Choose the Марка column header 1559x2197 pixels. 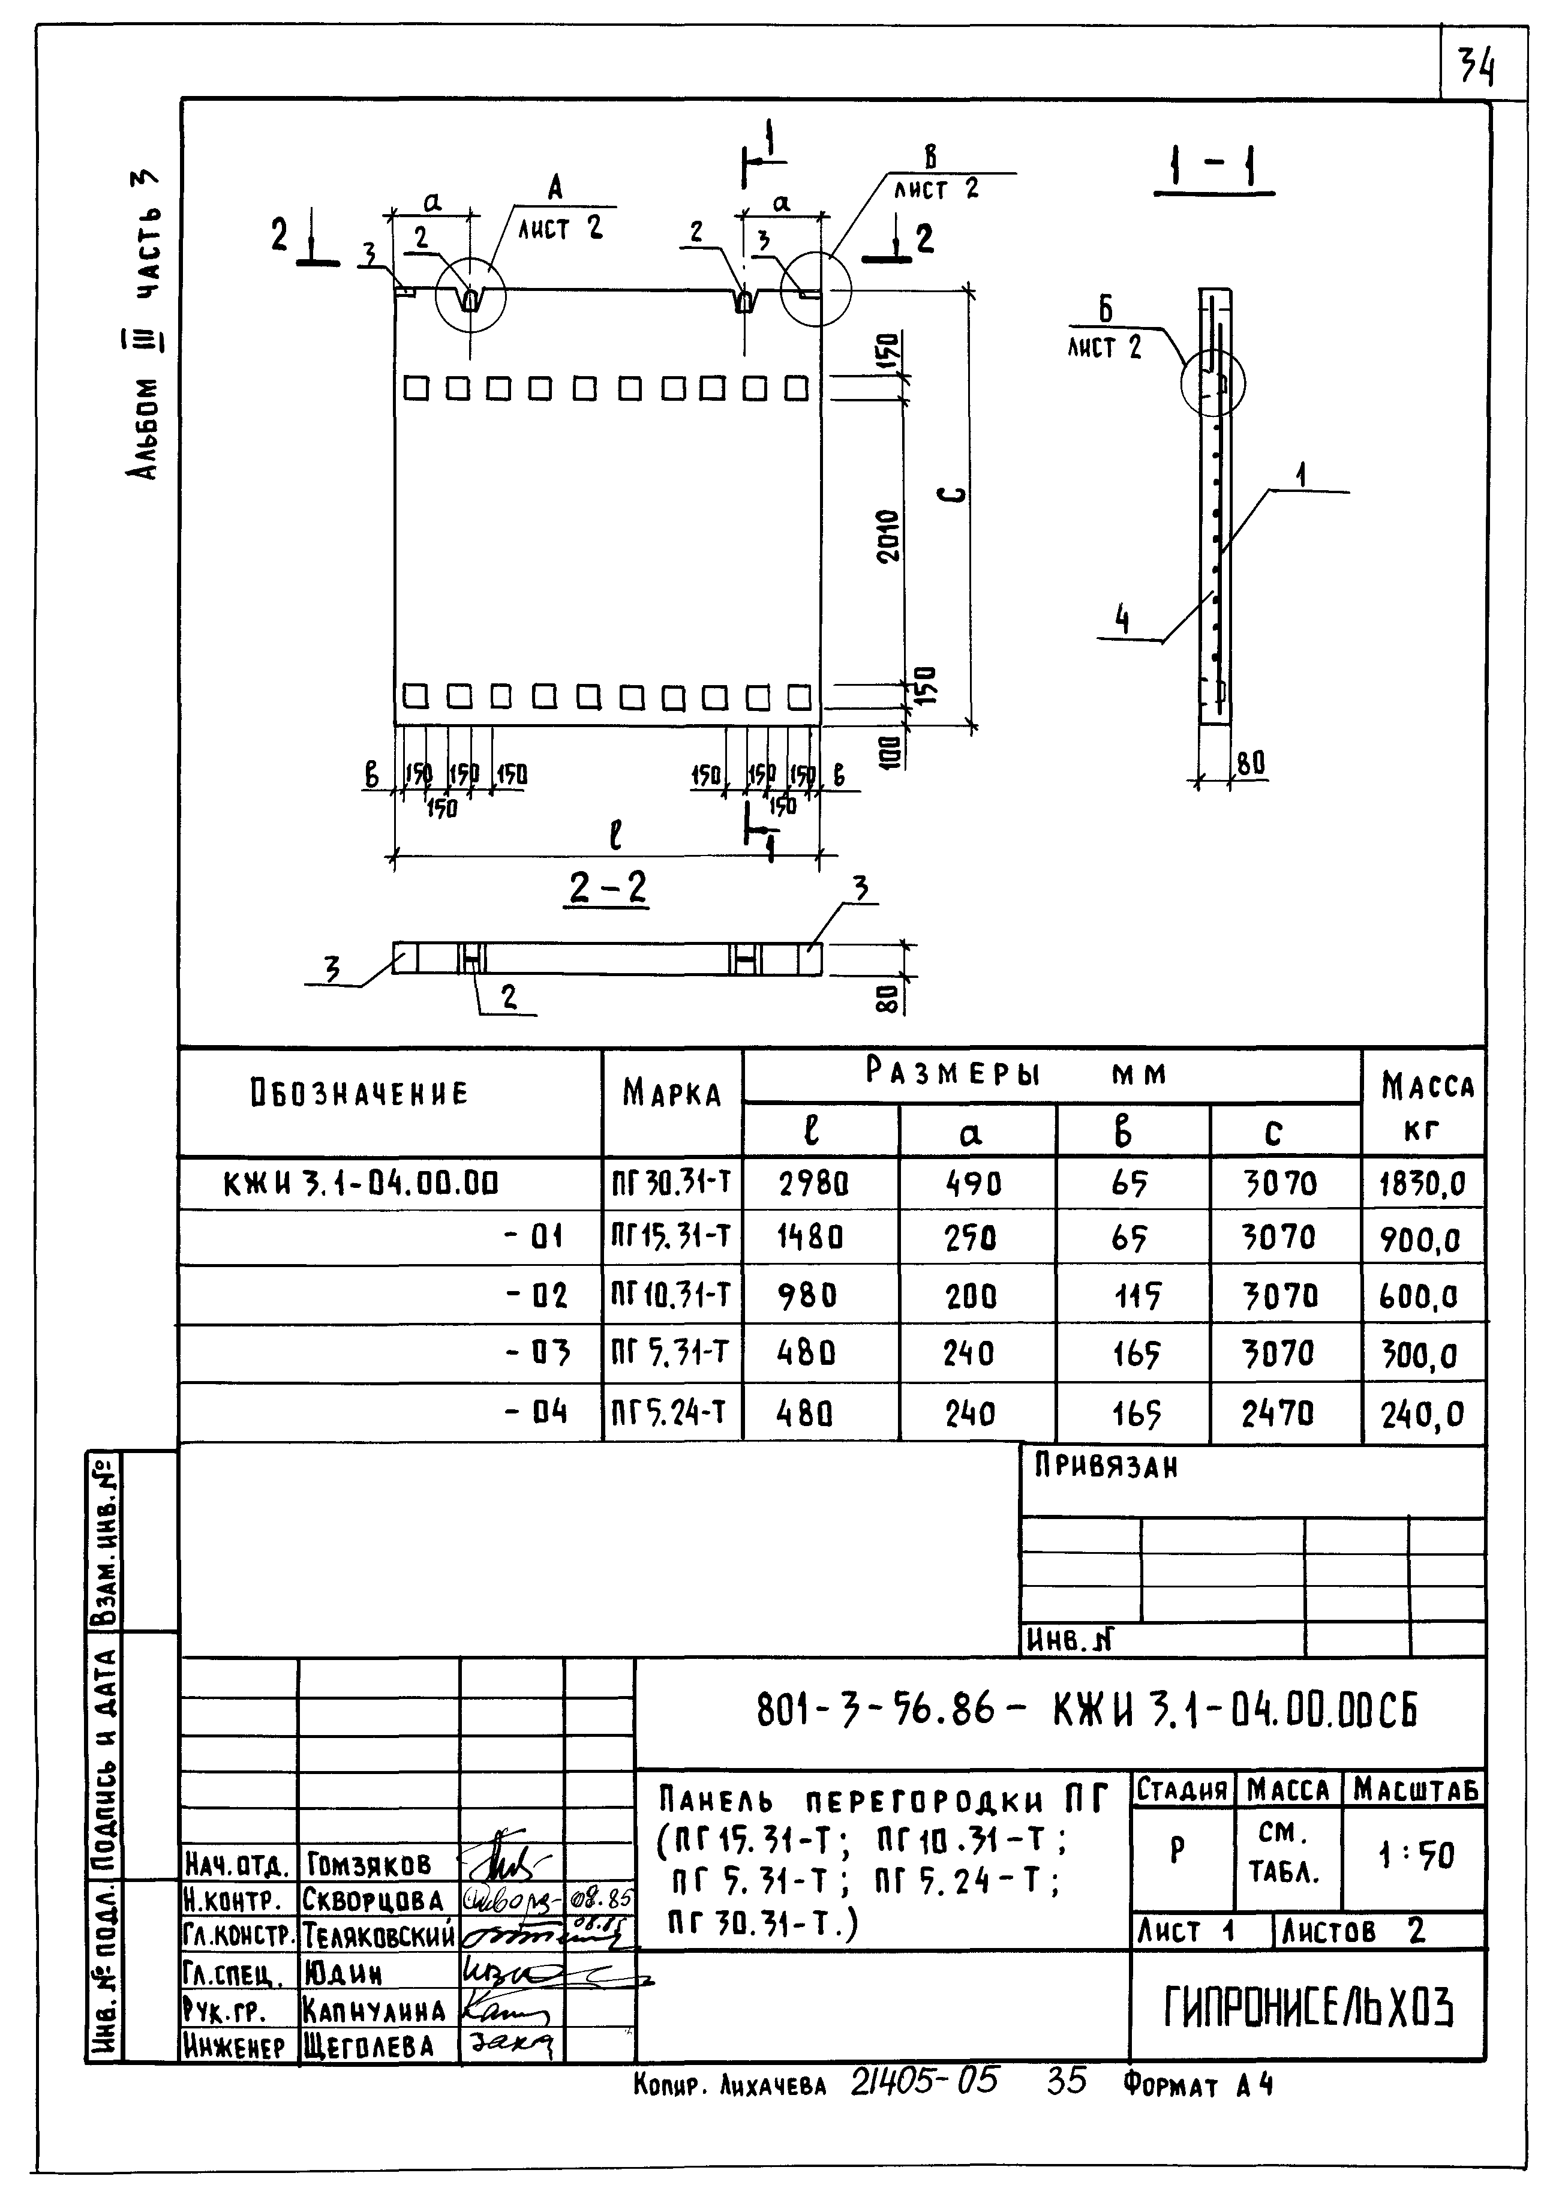(x=671, y=1094)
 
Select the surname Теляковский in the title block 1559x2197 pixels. (x=379, y=1933)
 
